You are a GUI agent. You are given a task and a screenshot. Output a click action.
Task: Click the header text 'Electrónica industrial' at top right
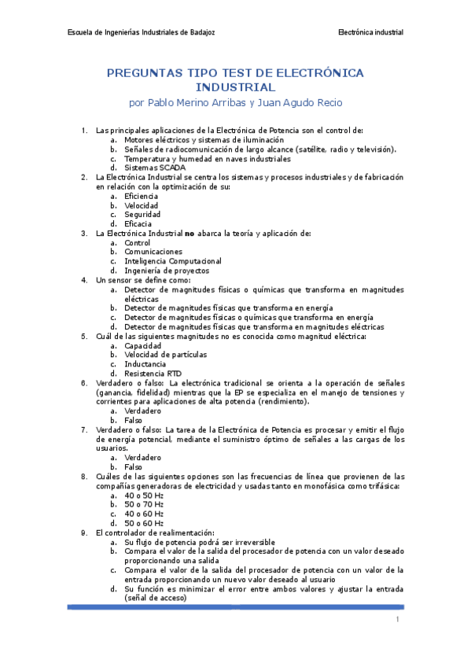(x=370, y=32)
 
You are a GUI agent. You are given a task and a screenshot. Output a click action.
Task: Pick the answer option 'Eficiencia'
(x=142, y=196)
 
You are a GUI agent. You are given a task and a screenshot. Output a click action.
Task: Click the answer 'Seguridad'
(x=142, y=214)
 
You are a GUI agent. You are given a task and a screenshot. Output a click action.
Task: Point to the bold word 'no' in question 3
(x=189, y=233)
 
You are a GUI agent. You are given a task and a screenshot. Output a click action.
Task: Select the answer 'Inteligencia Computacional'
(x=172, y=261)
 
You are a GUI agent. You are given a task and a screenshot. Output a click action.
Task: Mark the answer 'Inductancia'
(x=145, y=364)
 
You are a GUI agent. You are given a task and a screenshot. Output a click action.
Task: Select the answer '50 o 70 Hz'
(x=143, y=504)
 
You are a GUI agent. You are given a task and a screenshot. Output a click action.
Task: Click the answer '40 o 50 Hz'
(x=143, y=495)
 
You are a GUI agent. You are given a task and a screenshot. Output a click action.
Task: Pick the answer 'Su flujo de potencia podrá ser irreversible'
(x=199, y=542)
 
